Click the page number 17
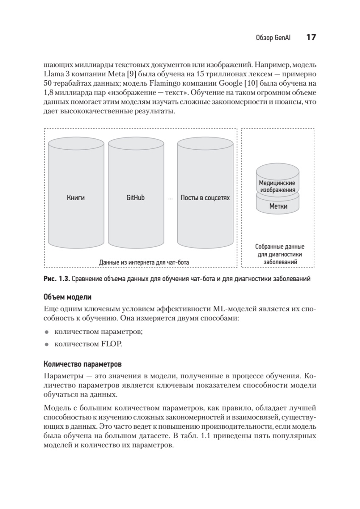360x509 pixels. [311, 38]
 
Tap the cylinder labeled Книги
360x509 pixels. [75, 198]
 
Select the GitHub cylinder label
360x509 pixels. [135, 198]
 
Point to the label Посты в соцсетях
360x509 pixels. [205, 198]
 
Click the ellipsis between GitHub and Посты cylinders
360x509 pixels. [170, 199]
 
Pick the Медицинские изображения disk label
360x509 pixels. [277, 186]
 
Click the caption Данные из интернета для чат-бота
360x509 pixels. [144, 263]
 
